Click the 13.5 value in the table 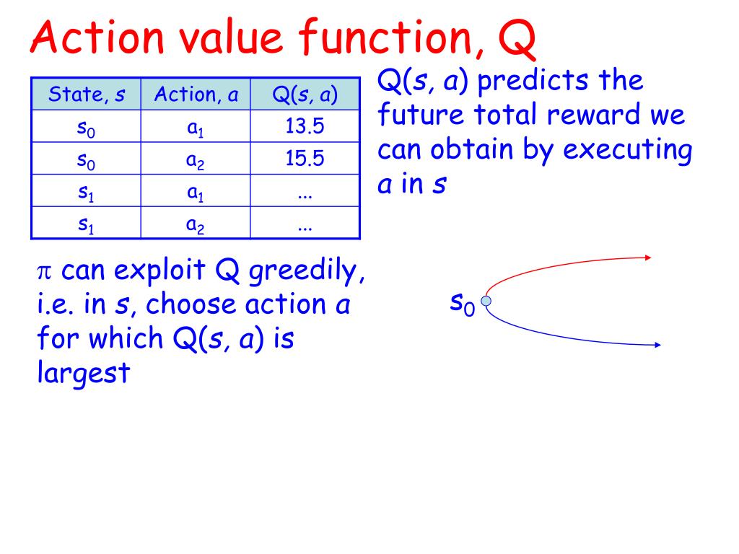click(x=305, y=127)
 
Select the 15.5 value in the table click(x=305, y=159)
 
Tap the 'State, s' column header click(x=86, y=94)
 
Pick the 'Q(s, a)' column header click(x=305, y=94)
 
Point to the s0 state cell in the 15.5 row click(x=86, y=160)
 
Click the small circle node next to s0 click(x=486, y=301)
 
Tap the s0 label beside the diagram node click(x=463, y=304)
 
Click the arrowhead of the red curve click(x=650, y=256)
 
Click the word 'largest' click(x=83, y=374)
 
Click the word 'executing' click(x=627, y=150)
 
